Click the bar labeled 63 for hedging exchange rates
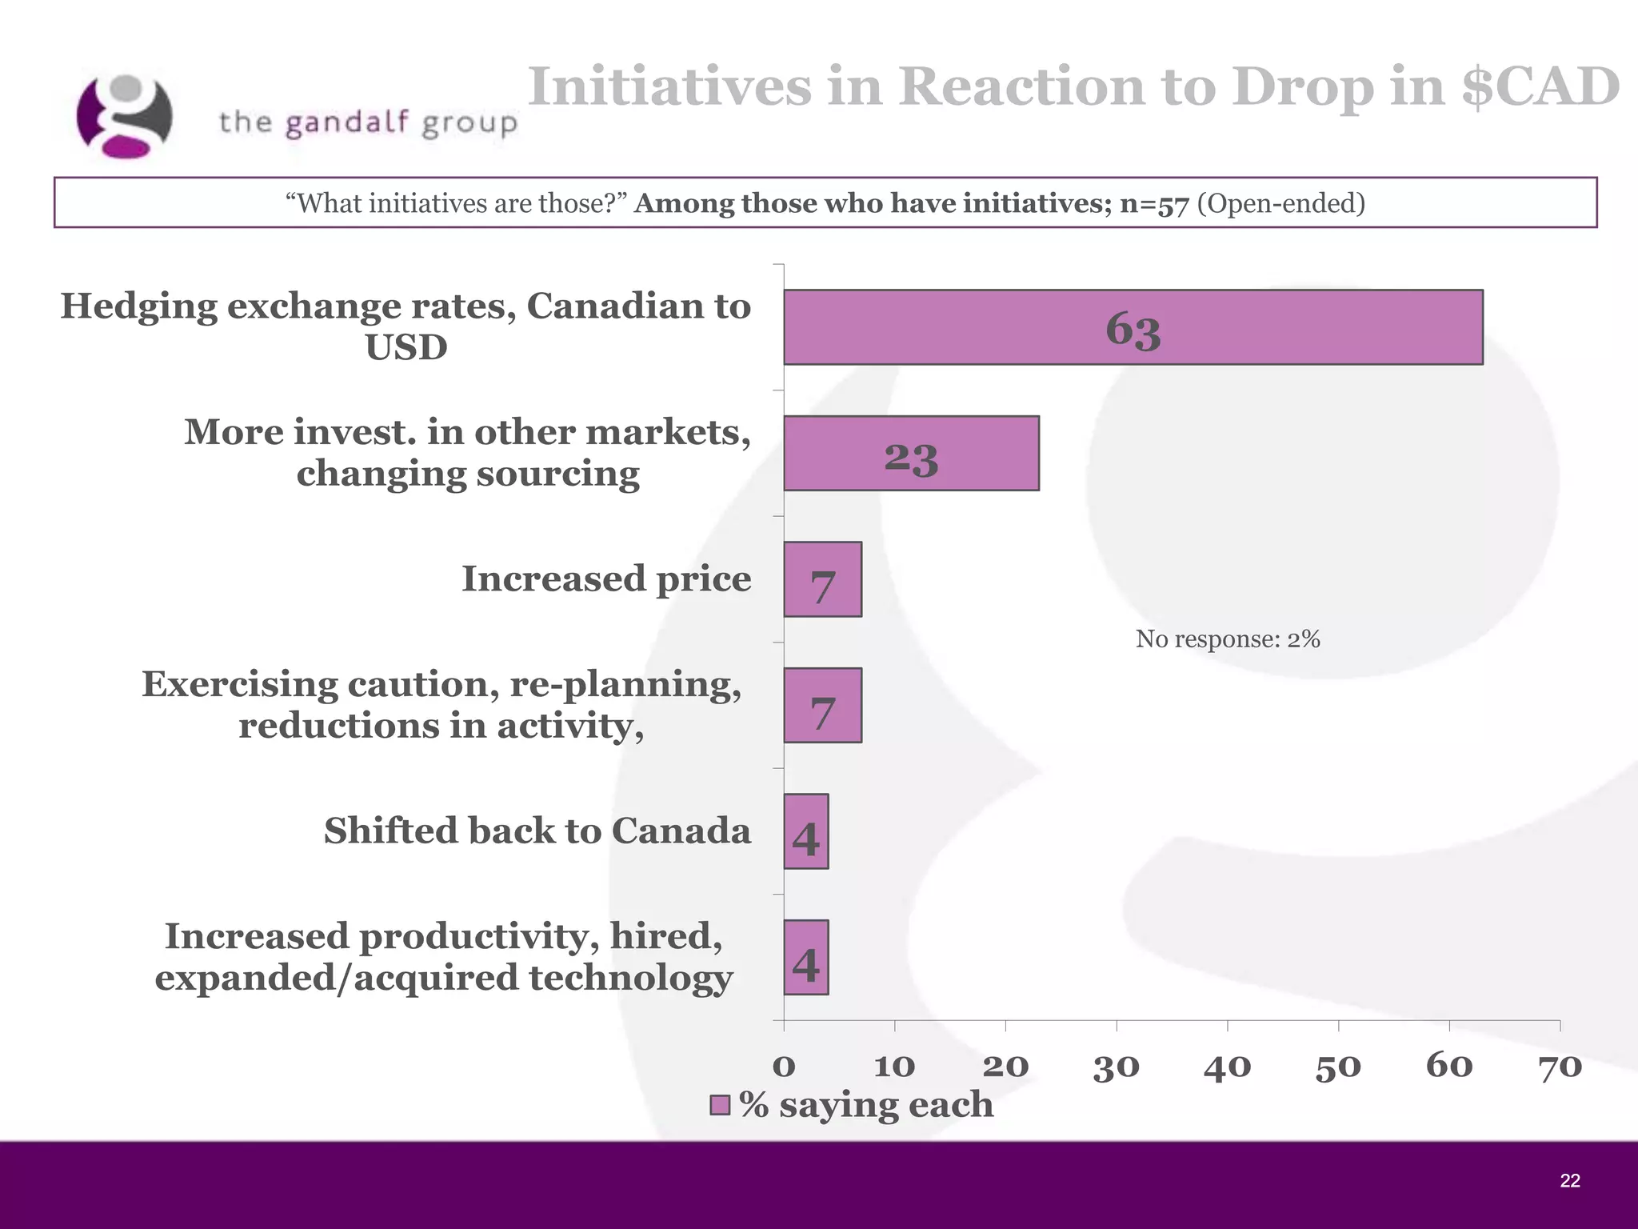coord(1133,327)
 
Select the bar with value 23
coord(911,453)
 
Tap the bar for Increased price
coord(822,579)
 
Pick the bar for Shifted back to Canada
coord(805,831)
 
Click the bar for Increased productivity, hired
coord(805,958)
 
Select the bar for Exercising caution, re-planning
coord(822,706)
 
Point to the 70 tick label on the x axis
coord(1560,1067)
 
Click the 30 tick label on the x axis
coord(1116,1067)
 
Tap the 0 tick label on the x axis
coord(784,1067)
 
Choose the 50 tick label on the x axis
coord(1338,1067)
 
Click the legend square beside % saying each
coord(720,1105)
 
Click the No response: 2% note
coord(1228,639)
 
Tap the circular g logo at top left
coord(124,116)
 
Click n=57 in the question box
coord(1153,203)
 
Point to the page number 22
coord(1569,1181)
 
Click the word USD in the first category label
coord(406,348)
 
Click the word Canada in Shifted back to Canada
coord(681,831)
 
